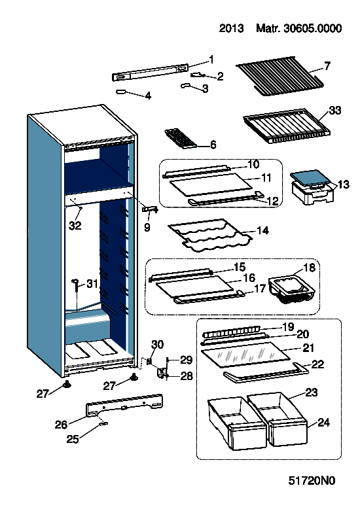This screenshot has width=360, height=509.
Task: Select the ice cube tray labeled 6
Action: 180,139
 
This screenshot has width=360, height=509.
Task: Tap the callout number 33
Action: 335,110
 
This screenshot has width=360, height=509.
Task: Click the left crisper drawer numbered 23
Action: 236,423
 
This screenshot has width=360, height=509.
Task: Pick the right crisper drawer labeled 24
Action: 278,418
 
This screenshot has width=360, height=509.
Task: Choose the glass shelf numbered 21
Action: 245,354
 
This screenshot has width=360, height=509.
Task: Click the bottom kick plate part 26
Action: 124,405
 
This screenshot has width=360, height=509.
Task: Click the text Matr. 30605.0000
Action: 298,28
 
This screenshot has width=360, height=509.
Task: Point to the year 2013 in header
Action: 231,28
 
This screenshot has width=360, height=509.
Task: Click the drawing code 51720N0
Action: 312,480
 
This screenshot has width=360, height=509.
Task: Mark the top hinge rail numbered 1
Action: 150,73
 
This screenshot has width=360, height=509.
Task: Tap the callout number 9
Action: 147,227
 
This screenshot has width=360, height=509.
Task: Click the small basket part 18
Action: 290,290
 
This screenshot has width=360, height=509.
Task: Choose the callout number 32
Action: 75,225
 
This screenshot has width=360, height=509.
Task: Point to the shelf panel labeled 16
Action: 195,286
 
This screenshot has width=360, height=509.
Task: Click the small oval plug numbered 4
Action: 121,92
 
